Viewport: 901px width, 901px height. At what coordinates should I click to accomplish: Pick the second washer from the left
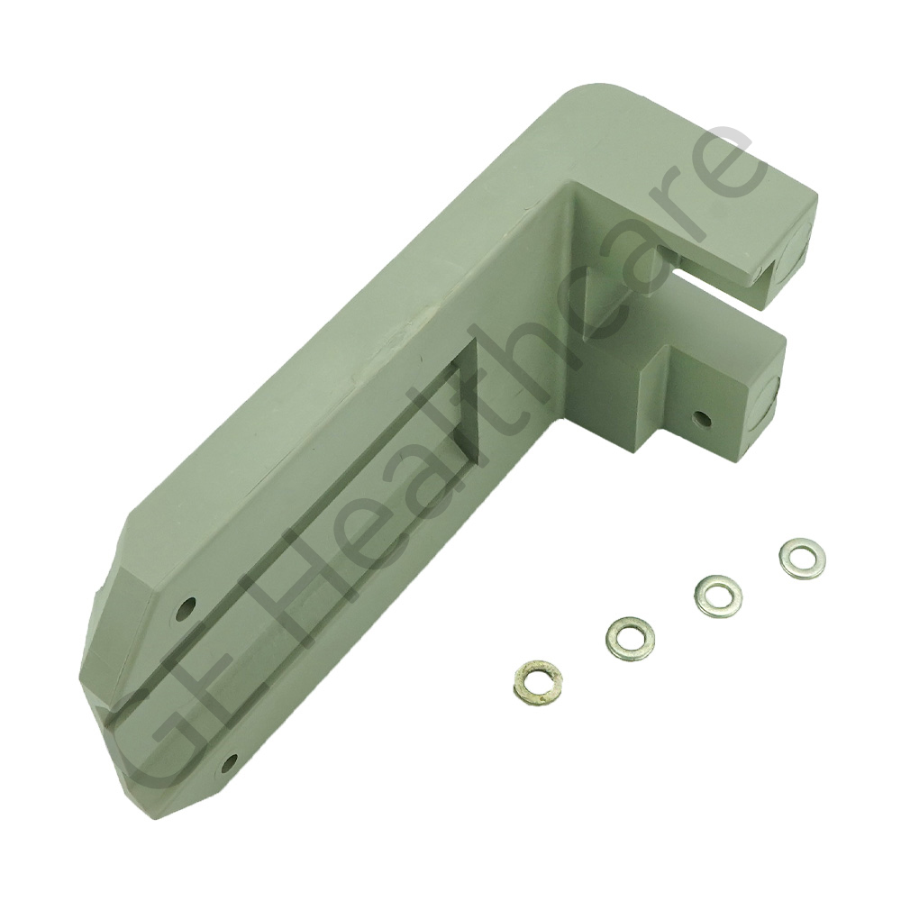pyautogui.click(x=629, y=635)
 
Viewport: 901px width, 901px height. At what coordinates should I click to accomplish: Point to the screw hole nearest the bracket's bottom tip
pyautogui.click(x=231, y=763)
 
